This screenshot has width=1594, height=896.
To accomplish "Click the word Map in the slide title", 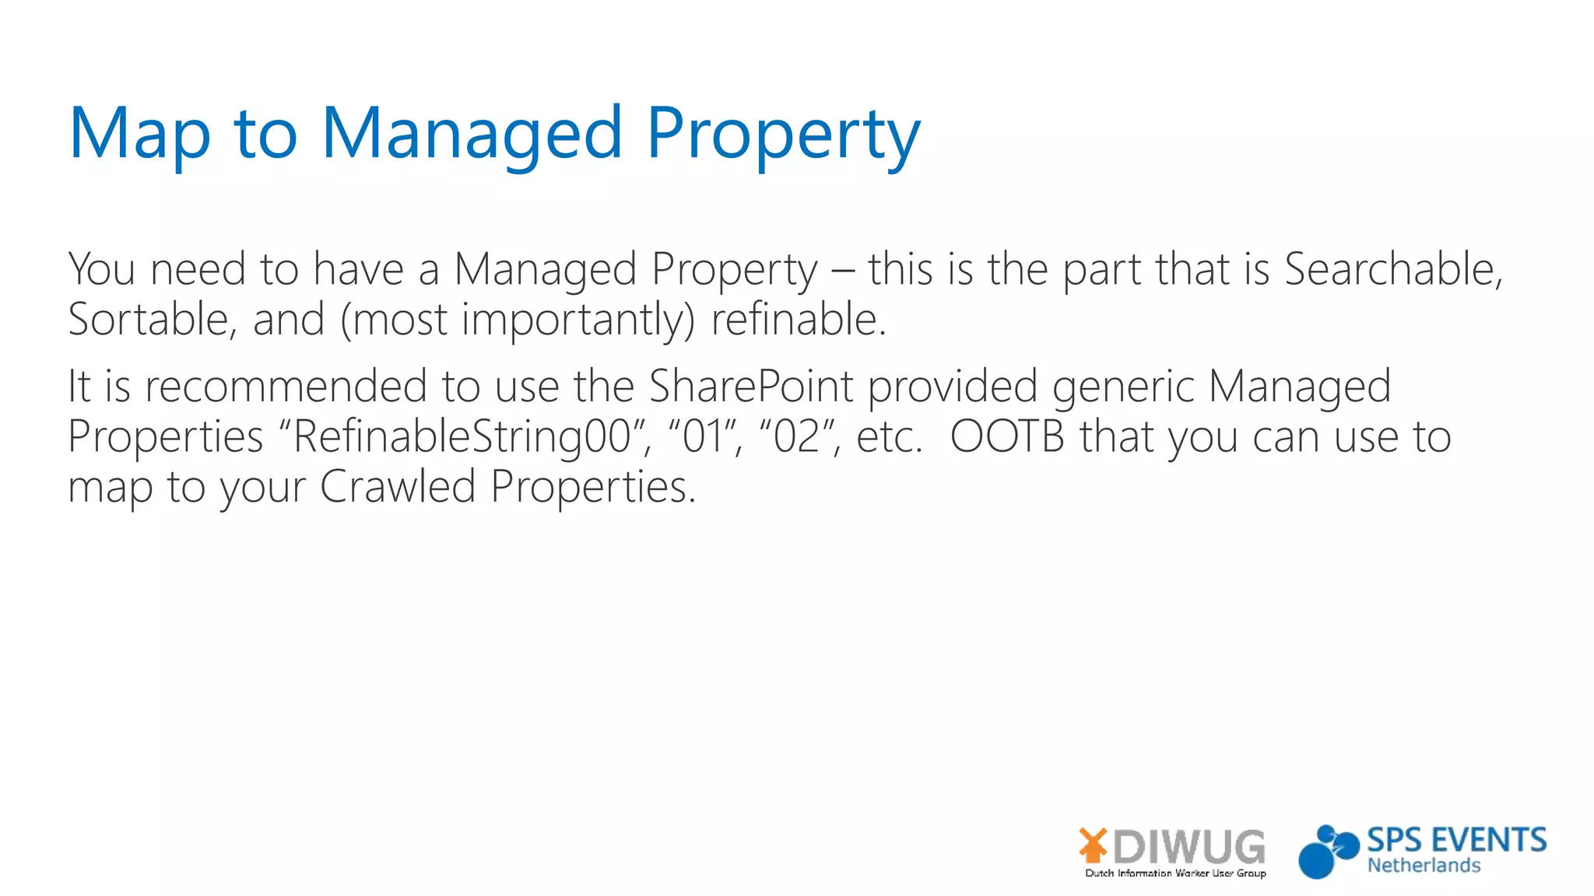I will point(139,134).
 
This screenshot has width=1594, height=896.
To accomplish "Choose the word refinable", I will point(798,320).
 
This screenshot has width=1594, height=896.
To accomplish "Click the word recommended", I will point(286,387).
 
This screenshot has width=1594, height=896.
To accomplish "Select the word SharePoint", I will point(751,387).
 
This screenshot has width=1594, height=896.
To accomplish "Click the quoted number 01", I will point(704,437).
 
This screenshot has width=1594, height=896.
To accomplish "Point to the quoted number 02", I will point(795,437).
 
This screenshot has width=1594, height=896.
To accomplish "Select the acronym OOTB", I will point(1007,437).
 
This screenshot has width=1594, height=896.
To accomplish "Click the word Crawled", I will point(397,488).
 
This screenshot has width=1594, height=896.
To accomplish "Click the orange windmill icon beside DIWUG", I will point(1094,845).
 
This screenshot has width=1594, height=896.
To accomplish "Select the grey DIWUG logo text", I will point(1188,846).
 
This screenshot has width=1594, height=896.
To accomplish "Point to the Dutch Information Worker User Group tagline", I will point(1175,873).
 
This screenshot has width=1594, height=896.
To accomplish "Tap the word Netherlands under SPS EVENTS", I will point(1424,866).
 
